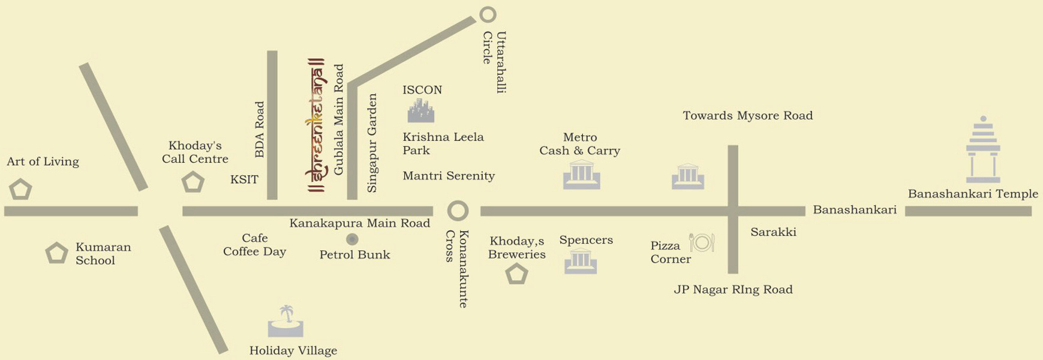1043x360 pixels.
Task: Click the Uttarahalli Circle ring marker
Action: click(488, 14)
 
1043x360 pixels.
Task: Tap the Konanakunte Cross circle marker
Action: click(458, 211)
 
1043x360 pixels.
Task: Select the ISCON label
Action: click(422, 90)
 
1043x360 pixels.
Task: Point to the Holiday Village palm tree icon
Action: click(286, 322)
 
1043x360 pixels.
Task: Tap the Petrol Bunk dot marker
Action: click(352, 239)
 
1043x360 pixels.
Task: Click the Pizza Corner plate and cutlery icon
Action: click(702, 242)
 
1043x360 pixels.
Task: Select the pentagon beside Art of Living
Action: click(20, 190)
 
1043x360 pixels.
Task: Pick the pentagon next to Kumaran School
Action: click(57, 253)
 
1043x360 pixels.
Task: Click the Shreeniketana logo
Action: click(316, 125)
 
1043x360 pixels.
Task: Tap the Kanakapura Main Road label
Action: click(360, 223)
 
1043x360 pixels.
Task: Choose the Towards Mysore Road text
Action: click(748, 116)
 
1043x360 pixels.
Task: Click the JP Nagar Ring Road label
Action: click(733, 290)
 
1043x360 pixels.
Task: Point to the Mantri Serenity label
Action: click(449, 176)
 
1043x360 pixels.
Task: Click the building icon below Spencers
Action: click(581, 261)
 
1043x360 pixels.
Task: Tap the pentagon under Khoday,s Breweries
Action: click(516, 274)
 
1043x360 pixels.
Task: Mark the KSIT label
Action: click(244, 179)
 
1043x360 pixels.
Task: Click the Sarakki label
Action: click(773, 232)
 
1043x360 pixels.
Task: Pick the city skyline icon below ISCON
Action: click(421, 111)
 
